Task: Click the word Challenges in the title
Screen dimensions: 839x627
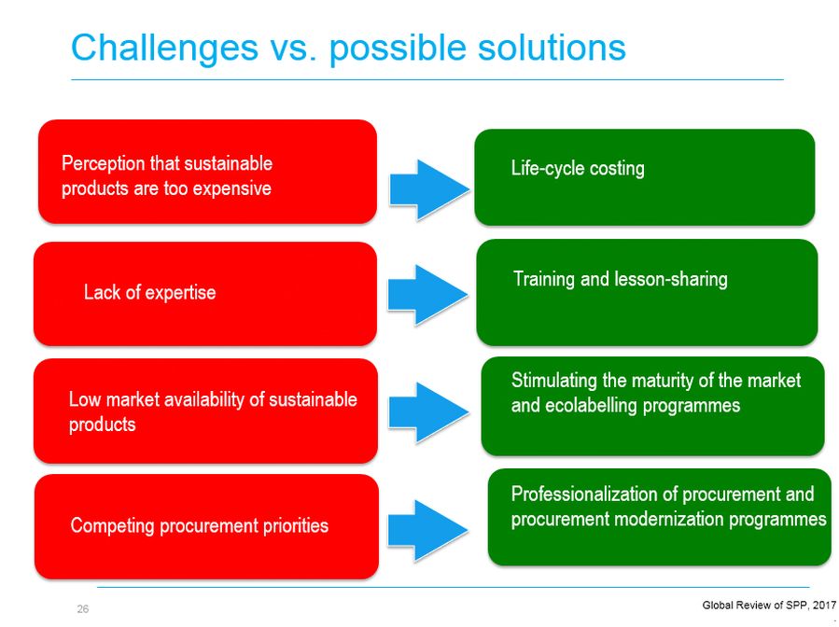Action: pos(165,49)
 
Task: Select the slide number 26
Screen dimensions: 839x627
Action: pos(83,609)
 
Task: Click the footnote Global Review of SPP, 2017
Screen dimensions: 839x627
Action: pos(769,605)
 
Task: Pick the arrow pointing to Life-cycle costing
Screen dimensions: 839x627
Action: pos(429,189)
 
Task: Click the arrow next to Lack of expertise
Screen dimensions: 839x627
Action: pos(427,295)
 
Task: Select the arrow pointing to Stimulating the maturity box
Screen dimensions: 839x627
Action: pos(428,412)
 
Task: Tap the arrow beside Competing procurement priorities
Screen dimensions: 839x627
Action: pos(427,530)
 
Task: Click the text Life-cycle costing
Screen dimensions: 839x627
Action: pos(578,169)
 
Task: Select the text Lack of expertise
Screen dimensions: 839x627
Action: pos(150,293)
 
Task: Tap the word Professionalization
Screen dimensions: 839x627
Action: pos(584,494)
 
